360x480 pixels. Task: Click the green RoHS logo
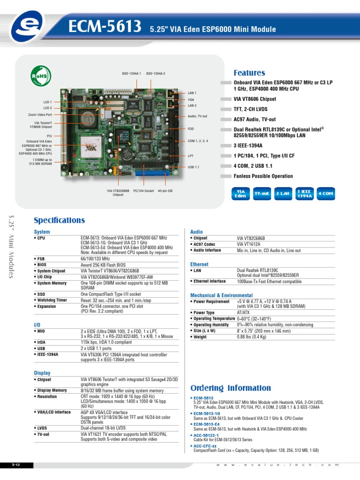pyautogui.click(x=41, y=76)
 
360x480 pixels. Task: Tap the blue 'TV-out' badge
pyautogui.click(x=262, y=194)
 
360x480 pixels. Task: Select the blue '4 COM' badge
pyautogui.click(x=326, y=194)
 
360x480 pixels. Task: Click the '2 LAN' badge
pyautogui.click(x=283, y=194)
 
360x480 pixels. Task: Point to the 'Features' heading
pyautogui.click(x=249, y=73)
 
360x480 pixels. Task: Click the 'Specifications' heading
pyautogui.click(x=59, y=220)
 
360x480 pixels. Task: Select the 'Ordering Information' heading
pyautogui.click(x=231, y=388)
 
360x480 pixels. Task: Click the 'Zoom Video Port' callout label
pyautogui.click(x=40, y=115)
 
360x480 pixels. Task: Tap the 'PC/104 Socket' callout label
pyautogui.click(x=143, y=191)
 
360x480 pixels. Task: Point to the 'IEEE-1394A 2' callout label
pyautogui.click(x=156, y=74)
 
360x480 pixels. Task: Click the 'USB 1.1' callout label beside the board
pyautogui.click(x=194, y=167)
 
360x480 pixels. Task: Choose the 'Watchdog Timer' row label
pyautogui.click(x=52, y=300)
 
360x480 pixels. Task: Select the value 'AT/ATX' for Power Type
pyautogui.click(x=243, y=313)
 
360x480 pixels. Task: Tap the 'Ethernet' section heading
pyautogui.click(x=199, y=264)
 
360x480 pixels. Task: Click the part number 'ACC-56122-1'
pyautogui.click(x=206, y=435)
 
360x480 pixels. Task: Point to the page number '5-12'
pyautogui.click(x=16, y=465)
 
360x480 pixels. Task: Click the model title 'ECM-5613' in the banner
pyautogui.click(x=105, y=26)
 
